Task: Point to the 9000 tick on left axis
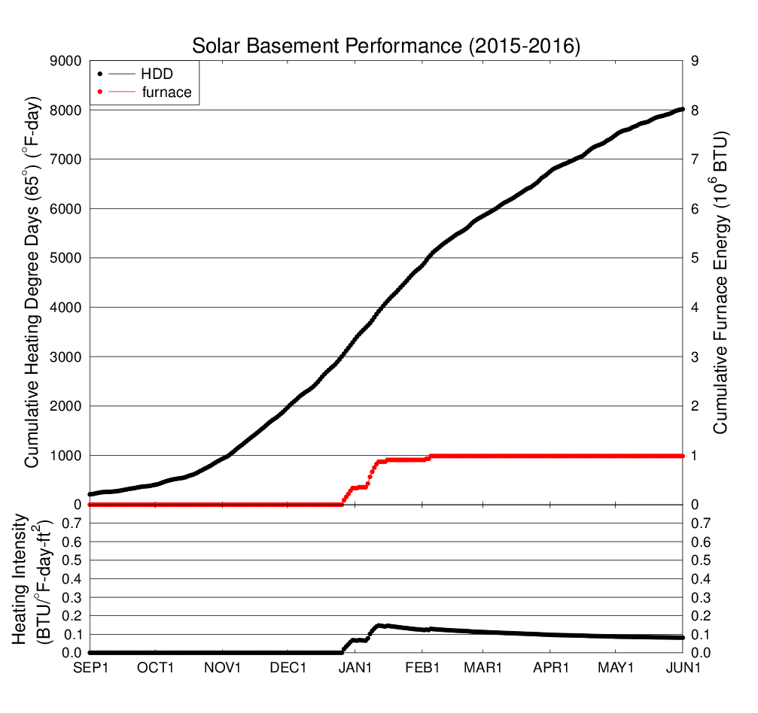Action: coord(65,60)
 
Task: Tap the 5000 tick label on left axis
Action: coord(65,258)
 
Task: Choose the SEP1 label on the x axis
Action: coord(90,668)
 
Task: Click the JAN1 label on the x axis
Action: coord(355,668)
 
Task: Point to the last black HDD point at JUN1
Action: coord(682,110)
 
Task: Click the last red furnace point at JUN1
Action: coord(682,456)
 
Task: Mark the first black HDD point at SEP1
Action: coord(90,494)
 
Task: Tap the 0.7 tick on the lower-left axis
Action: coord(72,523)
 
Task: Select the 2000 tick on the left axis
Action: coord(65,406)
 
